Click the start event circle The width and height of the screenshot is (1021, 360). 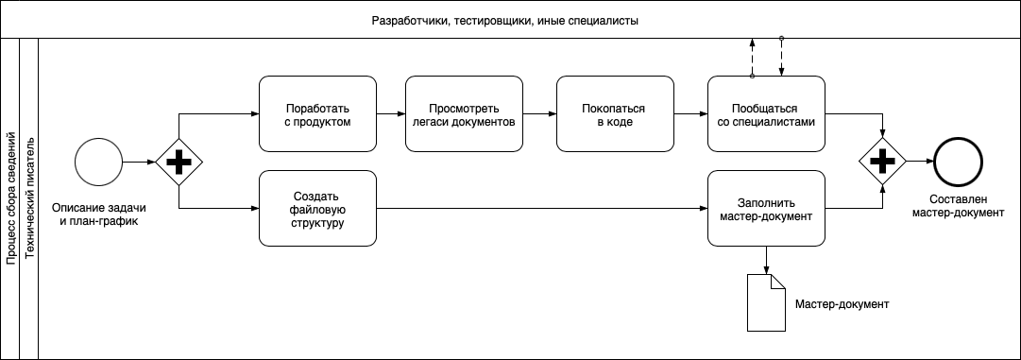tap(98, 163)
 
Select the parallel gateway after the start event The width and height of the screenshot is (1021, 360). tap(178, 163)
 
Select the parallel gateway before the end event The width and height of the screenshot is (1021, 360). tap(882, 163)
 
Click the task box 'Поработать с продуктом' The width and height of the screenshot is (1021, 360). tap(317, 113)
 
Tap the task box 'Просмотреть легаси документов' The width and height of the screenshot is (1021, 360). tap(464, 113)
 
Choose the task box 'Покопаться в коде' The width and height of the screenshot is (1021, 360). tap(615, 113)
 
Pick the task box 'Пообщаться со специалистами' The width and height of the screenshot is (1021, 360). tap(765, 113)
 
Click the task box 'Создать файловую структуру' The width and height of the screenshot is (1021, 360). tap(317, 208)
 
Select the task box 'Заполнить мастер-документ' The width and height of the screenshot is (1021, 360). tap(765, 208)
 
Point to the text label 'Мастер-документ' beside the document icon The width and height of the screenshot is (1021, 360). tap(843, 304)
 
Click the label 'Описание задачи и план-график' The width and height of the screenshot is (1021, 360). tap(98, 214)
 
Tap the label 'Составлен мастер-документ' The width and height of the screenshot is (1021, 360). tap(959, 206)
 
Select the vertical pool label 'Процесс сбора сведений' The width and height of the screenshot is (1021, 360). tap(10, 198)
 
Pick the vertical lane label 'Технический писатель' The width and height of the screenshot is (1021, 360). tap(29, 198)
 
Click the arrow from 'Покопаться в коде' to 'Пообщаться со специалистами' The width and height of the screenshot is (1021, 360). tap(689, 113)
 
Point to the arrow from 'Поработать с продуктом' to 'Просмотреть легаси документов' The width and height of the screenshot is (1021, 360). tap(390, 113)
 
